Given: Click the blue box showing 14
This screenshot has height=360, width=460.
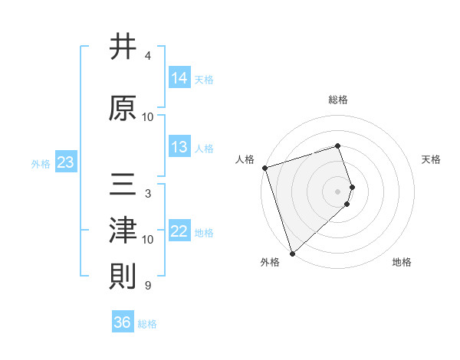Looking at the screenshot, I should [x=179, y=78].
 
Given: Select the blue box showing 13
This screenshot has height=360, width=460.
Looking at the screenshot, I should [x=179, y=147].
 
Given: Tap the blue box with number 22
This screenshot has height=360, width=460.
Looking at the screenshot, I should [x=179, y=232].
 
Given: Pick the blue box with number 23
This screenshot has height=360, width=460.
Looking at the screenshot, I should [x=65, y=162].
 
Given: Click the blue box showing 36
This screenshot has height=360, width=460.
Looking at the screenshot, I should [x=123, y=322].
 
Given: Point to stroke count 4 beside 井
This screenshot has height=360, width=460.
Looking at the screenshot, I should [x=148, y=56].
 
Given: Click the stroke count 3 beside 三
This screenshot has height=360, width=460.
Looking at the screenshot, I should [x=148, y=194].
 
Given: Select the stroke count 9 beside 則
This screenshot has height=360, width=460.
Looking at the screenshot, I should [x=148, y=286].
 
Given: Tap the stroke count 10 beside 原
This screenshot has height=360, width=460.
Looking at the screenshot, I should [x=148, y=117].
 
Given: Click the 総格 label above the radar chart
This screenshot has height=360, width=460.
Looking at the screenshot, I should [x=338, y=100].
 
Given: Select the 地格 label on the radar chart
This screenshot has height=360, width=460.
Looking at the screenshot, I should [x=402, y=262].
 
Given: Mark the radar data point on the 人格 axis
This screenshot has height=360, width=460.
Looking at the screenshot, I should [x=264, y=168].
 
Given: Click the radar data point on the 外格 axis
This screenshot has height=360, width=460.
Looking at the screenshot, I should [x=292, y=253].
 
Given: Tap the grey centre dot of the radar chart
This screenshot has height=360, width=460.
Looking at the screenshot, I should [x=338, y=191].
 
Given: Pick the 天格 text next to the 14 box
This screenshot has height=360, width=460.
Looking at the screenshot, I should [x=204, y=79].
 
